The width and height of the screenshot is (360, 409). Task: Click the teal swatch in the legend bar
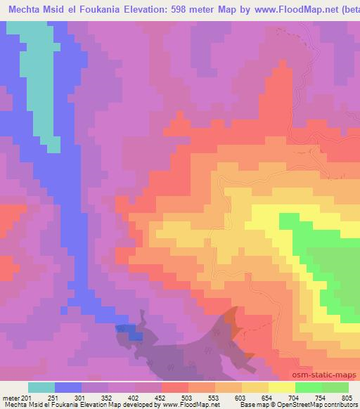41,387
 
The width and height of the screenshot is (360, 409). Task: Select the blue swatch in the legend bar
68,387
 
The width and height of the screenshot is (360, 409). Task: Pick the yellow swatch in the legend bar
281,387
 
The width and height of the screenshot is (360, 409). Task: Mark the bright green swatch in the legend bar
308,387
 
